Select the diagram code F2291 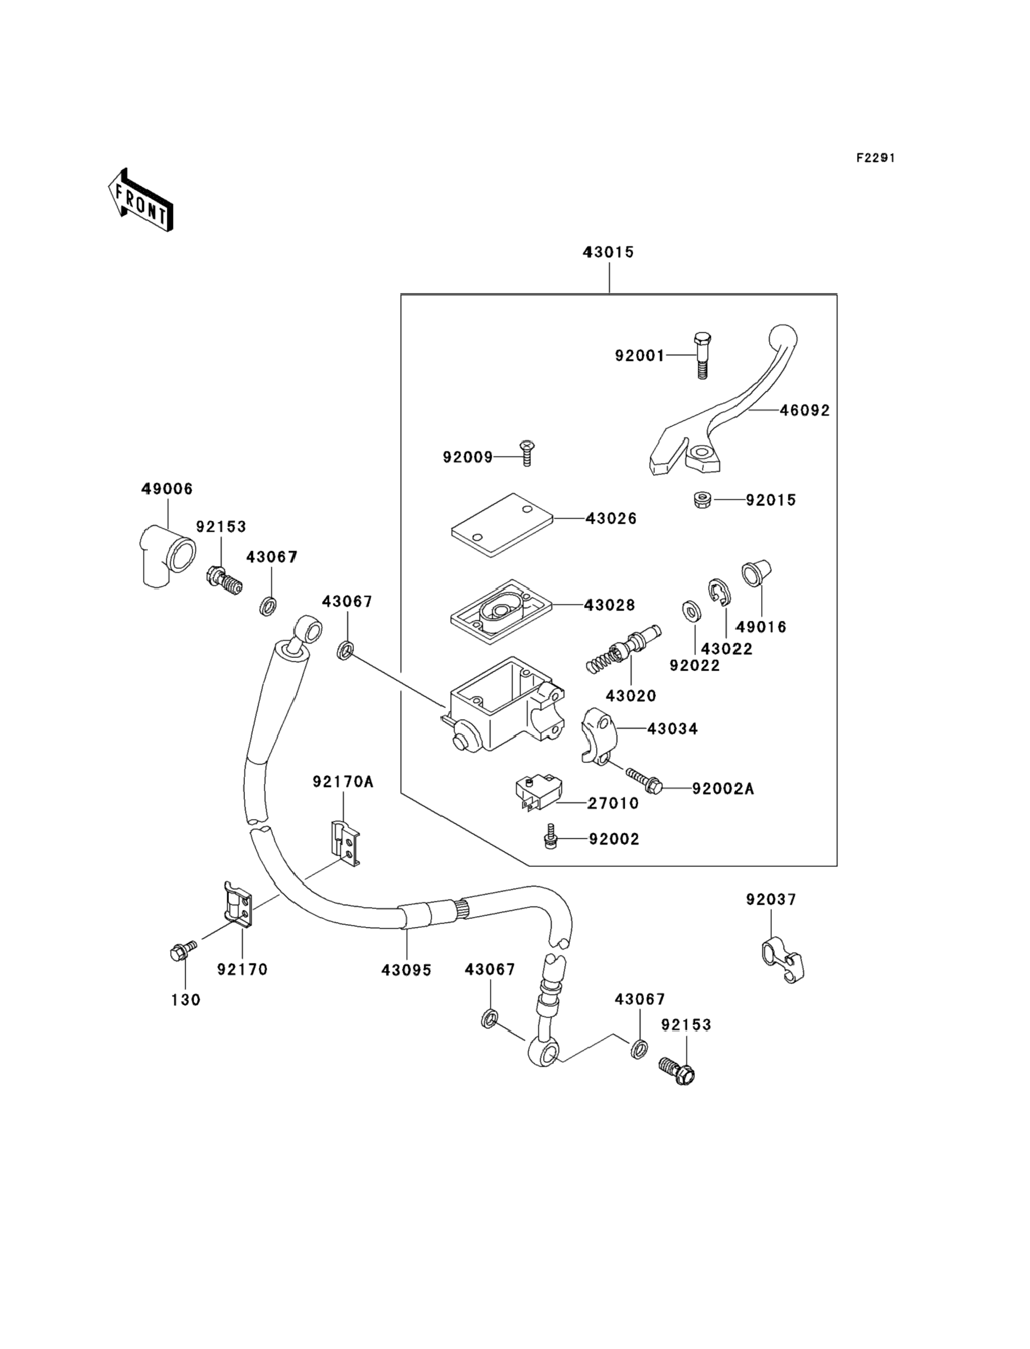pos(875,158)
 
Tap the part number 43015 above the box pos(608,252)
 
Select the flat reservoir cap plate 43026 pos(502,525)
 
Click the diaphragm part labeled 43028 pos(501,611)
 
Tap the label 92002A pos(723,789)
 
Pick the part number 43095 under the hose pos(407,970)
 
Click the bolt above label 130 pos(183,950)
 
